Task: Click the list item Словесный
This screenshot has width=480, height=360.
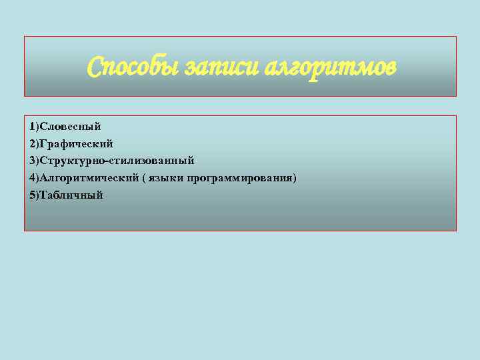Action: [x=70, y=126]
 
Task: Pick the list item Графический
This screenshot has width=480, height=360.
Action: [x=76, y=143]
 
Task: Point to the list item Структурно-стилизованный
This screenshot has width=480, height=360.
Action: [x=117, y=161]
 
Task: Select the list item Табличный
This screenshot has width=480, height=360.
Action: [x=71, y=195]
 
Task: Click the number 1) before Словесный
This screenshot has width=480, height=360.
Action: [x=34, y=126]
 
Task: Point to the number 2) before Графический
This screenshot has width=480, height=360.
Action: [x=34, y=143]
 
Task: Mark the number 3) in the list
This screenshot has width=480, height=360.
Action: [x=34, y=161]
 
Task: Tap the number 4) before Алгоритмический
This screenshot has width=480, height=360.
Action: [x=34, y=178]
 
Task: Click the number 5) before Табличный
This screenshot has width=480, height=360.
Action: [x=34, y=195]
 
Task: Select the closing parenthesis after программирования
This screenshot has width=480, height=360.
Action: [x=295, y=178]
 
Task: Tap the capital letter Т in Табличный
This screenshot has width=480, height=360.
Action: [x=43, y=195]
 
